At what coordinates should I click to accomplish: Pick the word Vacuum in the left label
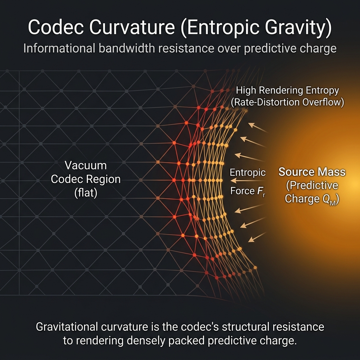coord(86,165)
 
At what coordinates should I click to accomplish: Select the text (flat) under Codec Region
coord(86,193)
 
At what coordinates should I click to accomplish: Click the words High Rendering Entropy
coord(288,90)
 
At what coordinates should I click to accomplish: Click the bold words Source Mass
coord(312,172)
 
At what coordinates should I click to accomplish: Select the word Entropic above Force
coord(247,173)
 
